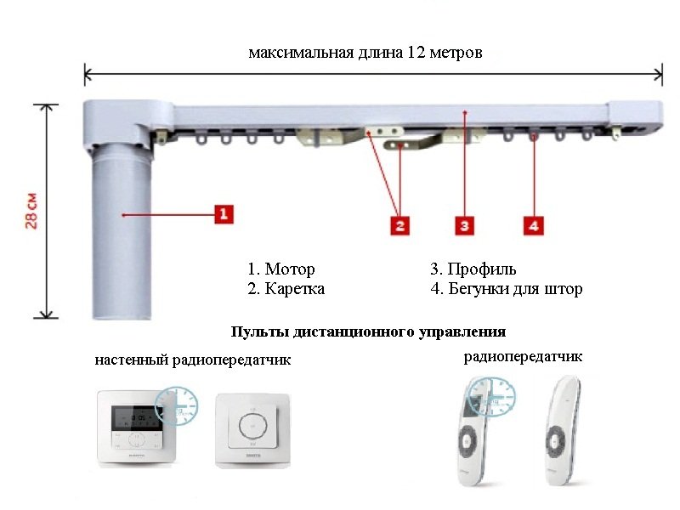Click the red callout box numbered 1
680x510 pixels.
tap(224, 214)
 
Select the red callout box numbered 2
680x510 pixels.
tap(399, 225)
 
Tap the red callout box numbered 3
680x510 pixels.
tap(464, 225)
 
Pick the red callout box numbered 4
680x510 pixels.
tap(534, 225)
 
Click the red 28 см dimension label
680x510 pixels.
tap(31, 211)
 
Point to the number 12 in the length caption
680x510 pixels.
tap(416, 53)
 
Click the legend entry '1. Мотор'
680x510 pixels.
tap(281, 269)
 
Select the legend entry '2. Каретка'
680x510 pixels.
tap(286, 288)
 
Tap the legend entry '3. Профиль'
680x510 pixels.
tap(473, 269)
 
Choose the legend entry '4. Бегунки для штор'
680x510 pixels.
tap(506, 288)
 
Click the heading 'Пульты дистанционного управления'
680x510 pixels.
tap(368, 332)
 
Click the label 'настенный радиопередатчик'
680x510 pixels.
tap(193, 360)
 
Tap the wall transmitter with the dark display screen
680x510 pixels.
tap(136, 428)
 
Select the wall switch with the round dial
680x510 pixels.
tap(252, 430)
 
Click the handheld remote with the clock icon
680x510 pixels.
tap(475, 431)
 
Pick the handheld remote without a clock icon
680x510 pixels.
tap(561, 431)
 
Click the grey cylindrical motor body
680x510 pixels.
tap(122, 231)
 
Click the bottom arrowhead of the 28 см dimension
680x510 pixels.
tap(46, 315)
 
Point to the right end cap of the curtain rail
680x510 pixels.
tap(635, 115)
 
